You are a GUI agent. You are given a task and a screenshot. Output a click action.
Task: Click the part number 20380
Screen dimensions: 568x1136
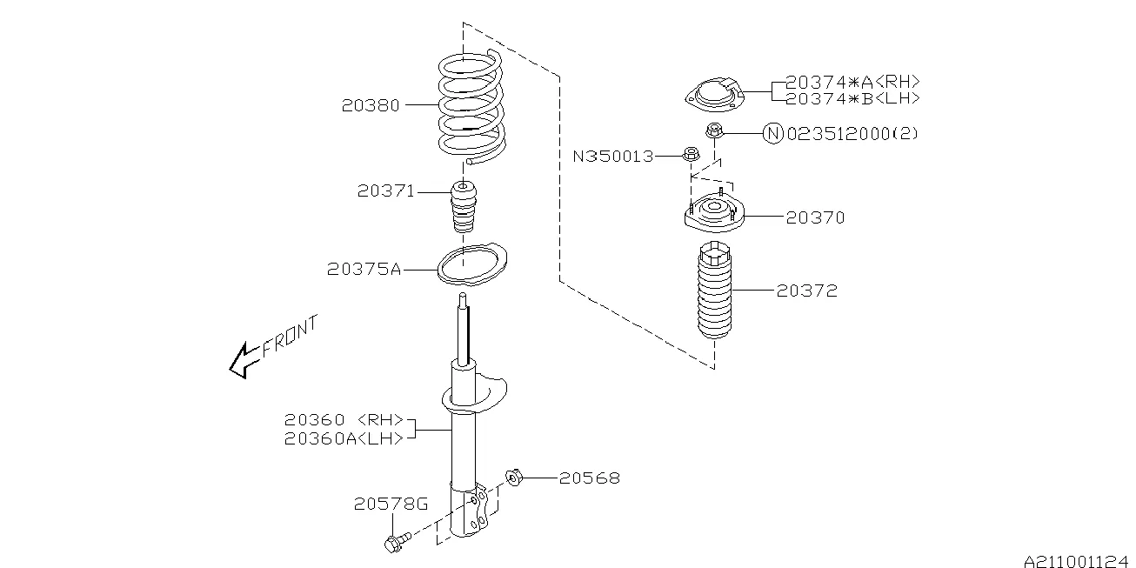pyautogui.click(x=371, y=105)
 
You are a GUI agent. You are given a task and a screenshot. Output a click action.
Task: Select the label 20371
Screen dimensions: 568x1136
pyautogui.click(x=385, y=190)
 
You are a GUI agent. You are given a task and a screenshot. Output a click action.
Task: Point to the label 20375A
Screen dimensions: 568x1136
pyautogui.click(x=364, y=270)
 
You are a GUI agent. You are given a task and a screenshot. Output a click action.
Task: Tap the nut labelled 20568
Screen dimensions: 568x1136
pyautogui.click(x=513, y=477)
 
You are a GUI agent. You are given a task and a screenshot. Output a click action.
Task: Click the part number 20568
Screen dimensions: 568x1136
pyautogui.click(x=590, y=478)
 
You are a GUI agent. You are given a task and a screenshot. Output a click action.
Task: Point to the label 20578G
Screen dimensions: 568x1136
pyautogui.click(x=391, y=504)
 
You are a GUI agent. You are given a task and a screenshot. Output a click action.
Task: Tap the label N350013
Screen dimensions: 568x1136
pyautogui.click(x=612, y=157)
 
